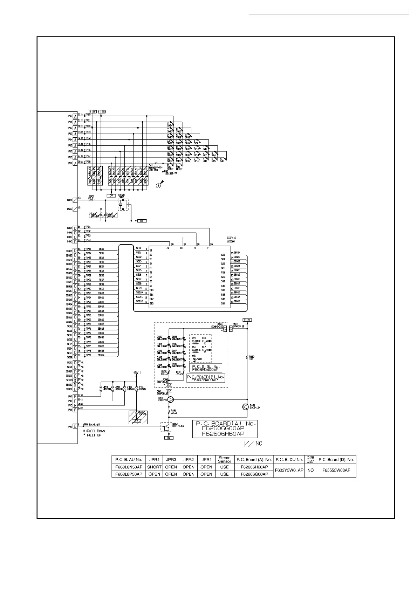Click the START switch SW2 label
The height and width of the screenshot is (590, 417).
point(170,168)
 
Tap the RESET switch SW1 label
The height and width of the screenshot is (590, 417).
point(178,168)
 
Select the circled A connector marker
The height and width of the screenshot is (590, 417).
point(158,186)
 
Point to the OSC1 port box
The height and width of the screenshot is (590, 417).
point(75,200)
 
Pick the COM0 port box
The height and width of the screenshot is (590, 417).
point(75,228)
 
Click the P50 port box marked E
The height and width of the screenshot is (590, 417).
point(75,426)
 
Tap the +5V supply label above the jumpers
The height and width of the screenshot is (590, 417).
point(136,372)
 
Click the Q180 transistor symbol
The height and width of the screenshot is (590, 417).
point(170,400)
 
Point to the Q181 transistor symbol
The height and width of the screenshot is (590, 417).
point(246,406)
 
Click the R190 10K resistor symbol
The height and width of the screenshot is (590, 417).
point(247,357)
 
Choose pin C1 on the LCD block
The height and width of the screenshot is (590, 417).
point(208,248)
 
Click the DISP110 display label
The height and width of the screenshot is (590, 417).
point(231,238)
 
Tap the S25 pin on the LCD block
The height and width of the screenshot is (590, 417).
point(223,255)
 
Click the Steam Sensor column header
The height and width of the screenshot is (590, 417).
point(224,459)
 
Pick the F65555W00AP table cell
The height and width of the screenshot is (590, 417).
point(336,471)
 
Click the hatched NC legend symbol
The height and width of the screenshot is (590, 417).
point(249,444)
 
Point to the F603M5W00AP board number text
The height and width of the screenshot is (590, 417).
point(205,369)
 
